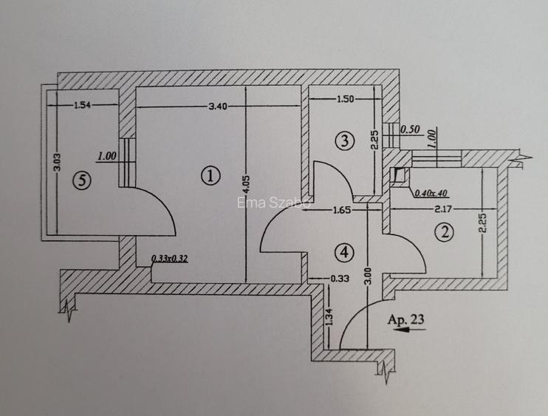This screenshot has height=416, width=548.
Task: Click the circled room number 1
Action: [x=210, y=176]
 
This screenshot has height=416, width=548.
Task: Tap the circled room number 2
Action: [x=445, y=232]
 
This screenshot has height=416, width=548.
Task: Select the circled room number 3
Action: [x=345, y=140]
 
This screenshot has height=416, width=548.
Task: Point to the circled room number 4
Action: [x=344, y=252]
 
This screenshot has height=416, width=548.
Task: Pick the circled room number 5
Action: [x=82, y=180]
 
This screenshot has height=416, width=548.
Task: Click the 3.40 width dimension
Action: [x=218, y=106]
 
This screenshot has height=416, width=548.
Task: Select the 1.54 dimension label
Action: [x=82, y=104]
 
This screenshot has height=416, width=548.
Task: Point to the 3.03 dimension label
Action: [x=58, y=163]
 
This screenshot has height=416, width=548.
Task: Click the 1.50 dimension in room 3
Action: [x=346, y=99]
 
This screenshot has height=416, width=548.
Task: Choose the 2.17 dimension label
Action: [x=443, y=209]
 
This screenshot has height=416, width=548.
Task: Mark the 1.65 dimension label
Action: [x=342, y=210]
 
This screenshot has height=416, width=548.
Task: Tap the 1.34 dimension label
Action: [x=329, y=318]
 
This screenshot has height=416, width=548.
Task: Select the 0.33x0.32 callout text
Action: [x=170, y=259]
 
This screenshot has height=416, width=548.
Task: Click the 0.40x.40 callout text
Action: [x=431, y=193]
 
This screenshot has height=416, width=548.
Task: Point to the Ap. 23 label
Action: [x=406, y=319]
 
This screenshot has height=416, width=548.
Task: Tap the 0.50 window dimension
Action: [x=410, y=129]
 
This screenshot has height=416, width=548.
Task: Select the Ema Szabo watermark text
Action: [x=274, y=202]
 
